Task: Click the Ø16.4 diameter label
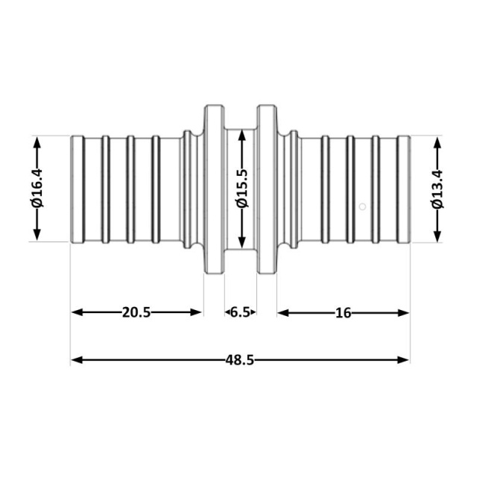pos(37,189)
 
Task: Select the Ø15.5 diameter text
pos(242,189)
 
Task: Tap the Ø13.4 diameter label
pos(437,189)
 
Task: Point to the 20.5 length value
pos(136,312)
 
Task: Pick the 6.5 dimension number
pos(240,312)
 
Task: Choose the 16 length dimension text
pos(343,313)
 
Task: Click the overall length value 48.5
pos(240,360)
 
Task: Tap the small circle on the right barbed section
pos(362,206)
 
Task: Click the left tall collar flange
pos(214,189)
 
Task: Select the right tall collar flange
pos(267,189)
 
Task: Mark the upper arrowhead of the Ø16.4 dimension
pos(37,143)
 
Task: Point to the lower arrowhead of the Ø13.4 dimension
pos(437,236)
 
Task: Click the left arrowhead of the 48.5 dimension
pos(77,360)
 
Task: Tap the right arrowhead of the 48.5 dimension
pos(403,360)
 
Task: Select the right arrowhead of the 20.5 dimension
pos(196,312)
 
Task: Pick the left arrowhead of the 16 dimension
pos(283,313)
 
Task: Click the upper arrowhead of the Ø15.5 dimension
pos(242,136)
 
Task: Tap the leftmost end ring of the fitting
pos(78,189)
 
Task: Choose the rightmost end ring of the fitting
pos(404,189)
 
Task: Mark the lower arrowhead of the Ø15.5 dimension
pos(242,242)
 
